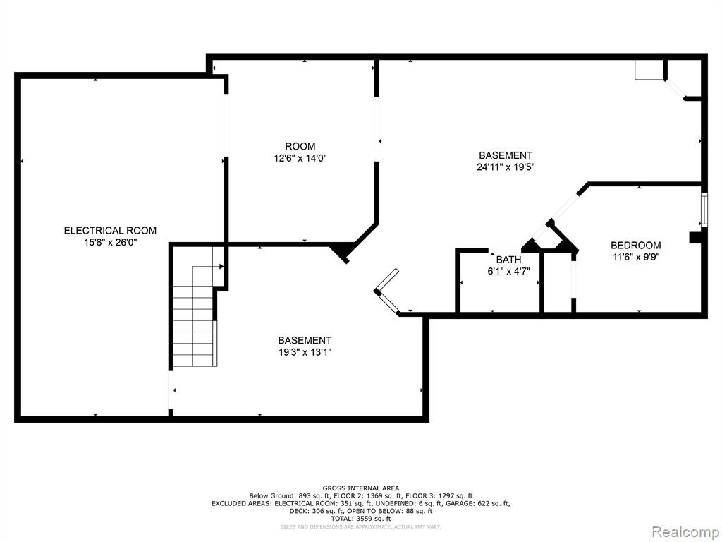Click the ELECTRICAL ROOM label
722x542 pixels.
(110, 231)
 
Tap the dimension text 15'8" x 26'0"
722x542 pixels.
(110, 243)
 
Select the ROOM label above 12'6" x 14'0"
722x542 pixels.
(300, 147)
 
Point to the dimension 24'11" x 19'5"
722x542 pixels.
(506, 167)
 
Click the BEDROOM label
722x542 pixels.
(636, 246)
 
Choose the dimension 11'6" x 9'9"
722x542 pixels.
(636, 257)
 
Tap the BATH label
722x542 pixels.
(509, 260)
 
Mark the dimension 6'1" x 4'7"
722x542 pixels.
(509, 272)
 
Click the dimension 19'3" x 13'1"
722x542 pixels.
(305, 353)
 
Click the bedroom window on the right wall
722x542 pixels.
(704, 210)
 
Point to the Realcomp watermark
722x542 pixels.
(685, 531)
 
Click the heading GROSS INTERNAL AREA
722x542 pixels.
(360, 488)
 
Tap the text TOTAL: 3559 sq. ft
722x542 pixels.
(360, 519)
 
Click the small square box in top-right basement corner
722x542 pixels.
(649, 70)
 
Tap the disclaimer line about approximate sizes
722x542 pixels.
(360, 526)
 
